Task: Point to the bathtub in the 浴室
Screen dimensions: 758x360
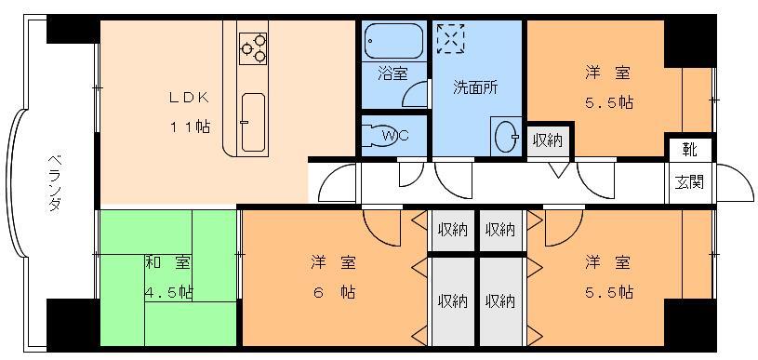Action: [392, 42]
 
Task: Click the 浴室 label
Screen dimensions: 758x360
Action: [392, 73]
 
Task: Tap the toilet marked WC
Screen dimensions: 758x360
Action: [394, 136]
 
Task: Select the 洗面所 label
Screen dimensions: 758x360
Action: [474, 88]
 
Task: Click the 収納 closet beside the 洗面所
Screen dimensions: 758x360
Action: [547, 140]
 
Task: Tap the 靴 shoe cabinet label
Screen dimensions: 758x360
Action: [689, 149]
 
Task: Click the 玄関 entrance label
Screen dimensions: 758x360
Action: [689, 180]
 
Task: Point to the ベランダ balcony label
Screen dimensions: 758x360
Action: [53, 180]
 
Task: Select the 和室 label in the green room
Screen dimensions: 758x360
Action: [155, 263]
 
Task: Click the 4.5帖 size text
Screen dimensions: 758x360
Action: [167, 292]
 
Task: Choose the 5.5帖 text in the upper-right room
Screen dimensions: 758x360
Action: [610, 101]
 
